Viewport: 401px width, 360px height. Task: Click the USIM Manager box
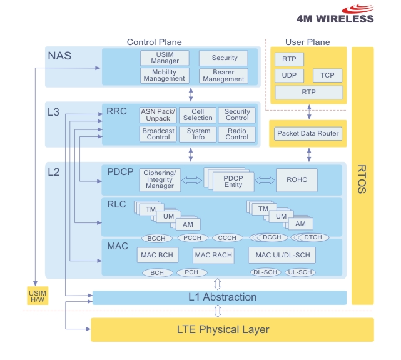point(165,57)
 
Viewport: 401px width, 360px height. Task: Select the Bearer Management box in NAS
point(223,76)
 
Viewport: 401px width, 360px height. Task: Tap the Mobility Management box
point(165,76)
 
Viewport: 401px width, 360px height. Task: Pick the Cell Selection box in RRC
point(198,115)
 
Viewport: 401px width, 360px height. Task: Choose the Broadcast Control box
point(158,134)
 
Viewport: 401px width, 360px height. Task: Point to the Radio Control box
point(236,134)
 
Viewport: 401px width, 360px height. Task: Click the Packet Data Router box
point(308,133)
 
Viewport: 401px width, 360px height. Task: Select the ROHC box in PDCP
point(297,180)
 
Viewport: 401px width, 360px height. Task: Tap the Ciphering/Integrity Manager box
point(159,179)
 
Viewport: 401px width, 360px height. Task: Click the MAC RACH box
point(213,255)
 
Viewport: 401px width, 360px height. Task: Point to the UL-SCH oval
point(301,272)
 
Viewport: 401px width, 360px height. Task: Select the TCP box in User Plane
point(327,76)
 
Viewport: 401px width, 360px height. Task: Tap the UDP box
point(289,76)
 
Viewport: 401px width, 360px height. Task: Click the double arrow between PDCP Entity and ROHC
point(265,180)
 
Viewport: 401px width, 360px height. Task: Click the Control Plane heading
point(154,42)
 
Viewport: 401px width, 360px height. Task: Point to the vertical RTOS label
point(362,179)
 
